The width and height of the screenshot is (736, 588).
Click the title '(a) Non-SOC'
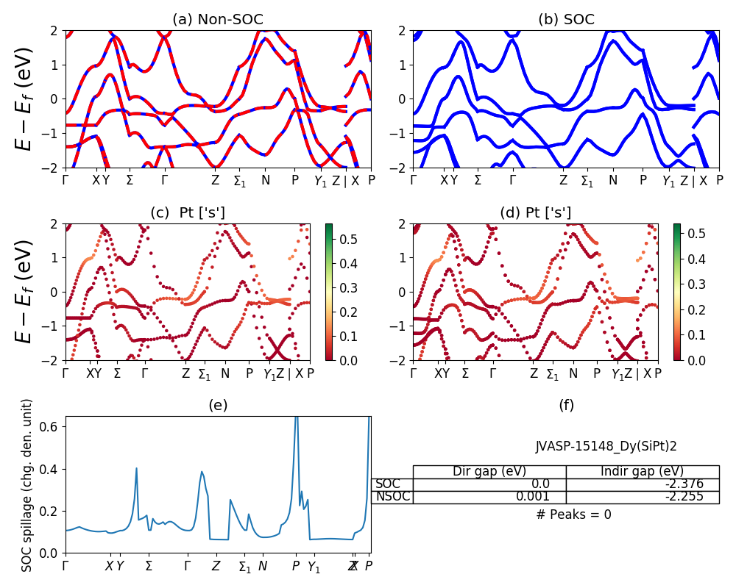click(x=218, y=20)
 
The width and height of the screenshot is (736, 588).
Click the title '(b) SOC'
click(x=566, y=20)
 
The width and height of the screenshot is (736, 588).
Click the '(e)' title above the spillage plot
click(x=218, y=405)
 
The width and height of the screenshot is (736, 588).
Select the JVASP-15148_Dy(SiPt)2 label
click(x=606, y=445)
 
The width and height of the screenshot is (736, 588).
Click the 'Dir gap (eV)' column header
click(x=489, y=471)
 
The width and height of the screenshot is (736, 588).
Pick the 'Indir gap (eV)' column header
click(x=642, y=471)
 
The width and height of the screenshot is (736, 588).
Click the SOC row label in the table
click(x=388, y=484)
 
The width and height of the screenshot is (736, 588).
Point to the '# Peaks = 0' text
click(x=573, y=514)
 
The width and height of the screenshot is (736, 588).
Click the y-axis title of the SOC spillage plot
click(x=27, y=485)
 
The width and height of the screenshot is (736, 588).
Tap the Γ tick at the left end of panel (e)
click(x=66, y=566)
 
